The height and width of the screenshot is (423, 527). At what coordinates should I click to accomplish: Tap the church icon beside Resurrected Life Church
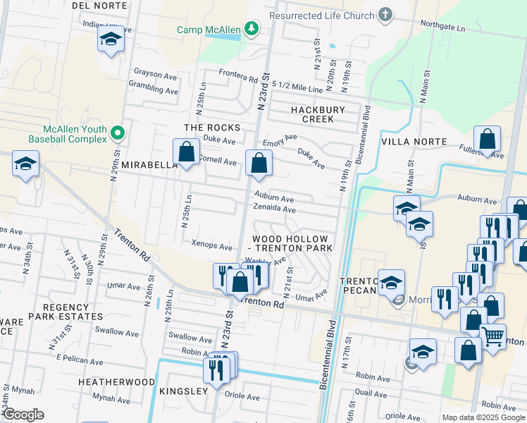tap(385, 14)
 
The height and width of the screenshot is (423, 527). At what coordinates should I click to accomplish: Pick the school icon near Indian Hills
tap(111, 39)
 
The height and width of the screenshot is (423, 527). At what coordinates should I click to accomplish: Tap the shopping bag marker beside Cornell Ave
tap(186, 152)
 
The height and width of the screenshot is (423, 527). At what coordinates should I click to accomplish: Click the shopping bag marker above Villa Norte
tap(487, 139)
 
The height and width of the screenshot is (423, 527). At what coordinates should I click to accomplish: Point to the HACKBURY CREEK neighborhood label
tap(318, 114)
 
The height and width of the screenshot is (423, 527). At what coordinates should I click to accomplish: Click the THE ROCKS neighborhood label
tap(212, 128)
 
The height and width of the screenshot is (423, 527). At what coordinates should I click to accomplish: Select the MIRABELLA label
tap(149, 164)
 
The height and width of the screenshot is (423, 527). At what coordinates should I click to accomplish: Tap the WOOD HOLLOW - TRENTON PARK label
tap(292, 244)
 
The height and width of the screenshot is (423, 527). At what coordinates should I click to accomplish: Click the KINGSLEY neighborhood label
tap(183, 391)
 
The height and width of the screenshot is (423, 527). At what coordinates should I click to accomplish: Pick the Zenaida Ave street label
tap(275, 209)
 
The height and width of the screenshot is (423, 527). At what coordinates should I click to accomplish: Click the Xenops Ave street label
tap(211, 247)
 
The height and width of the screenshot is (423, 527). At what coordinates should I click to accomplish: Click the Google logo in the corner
tap(23, 415)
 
